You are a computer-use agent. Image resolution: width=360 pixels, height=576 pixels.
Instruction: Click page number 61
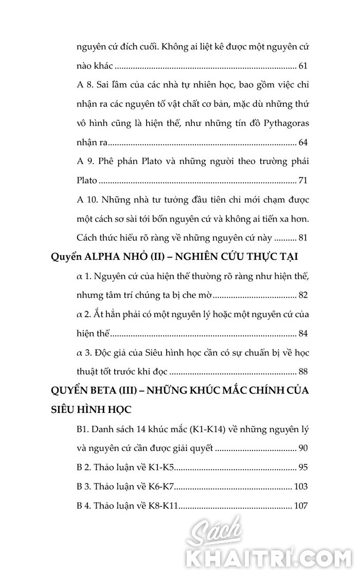(303, 66)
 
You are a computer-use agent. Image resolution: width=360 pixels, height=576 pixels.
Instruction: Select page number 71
(303, 181)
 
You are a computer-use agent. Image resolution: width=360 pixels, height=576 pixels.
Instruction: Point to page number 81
(303, 238)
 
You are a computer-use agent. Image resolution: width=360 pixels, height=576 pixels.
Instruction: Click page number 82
(303, 295)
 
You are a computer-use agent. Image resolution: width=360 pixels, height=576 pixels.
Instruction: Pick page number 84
(303, 334)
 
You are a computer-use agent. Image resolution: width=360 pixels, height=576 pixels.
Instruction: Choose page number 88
(303, 372)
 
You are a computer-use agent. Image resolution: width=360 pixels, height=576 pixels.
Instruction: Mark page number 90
(303, 448)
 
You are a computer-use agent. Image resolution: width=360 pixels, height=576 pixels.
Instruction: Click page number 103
(301, 487)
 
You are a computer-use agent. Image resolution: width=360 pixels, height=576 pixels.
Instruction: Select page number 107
(301, 506)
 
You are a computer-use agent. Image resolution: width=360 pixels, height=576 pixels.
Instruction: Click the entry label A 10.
(85, 200)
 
